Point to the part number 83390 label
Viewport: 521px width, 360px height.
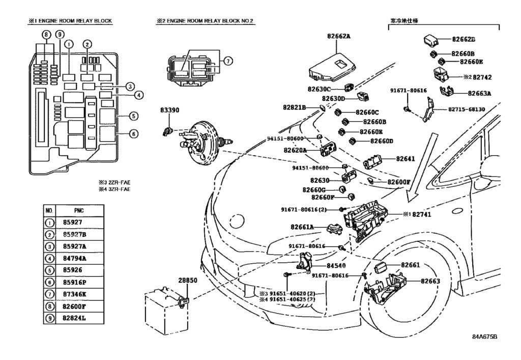tap(170, 110)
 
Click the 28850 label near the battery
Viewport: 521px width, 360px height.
tap(187, 281)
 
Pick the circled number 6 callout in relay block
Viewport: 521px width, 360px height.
tap(133, 134)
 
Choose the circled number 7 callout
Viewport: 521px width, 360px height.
tap(228, 61)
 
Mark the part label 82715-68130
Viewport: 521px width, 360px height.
tap(467, 109)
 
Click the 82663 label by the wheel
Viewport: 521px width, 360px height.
tap(430, 281)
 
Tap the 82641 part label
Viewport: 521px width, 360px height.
tap(406, 159)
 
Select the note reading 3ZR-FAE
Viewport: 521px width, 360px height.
tap(118, 189)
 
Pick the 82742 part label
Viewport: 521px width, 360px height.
tap(482, 77)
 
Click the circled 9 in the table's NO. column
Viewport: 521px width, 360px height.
tap(49, 318)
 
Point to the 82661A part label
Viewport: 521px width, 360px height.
tap(302, 227)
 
